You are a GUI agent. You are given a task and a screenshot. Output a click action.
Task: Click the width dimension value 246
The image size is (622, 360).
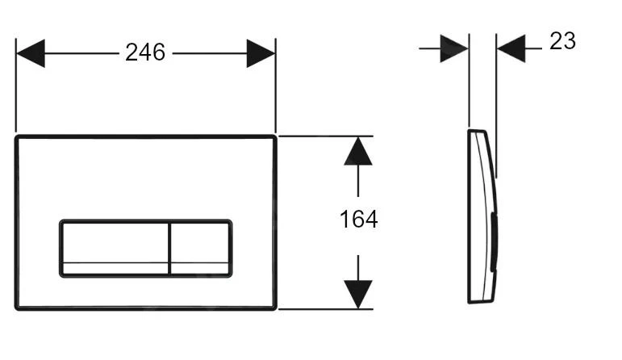coord(145,52)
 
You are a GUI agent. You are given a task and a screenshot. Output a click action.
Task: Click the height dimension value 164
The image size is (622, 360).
coord(359,219)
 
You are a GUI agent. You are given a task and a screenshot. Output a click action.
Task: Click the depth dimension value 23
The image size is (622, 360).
coord(562,41)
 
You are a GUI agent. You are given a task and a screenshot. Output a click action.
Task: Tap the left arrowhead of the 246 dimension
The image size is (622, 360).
coord(31,53)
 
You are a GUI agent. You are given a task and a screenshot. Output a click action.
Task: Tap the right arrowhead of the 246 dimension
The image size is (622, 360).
coord(261,53)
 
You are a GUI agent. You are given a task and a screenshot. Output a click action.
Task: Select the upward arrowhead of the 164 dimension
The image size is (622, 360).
coord(358,151)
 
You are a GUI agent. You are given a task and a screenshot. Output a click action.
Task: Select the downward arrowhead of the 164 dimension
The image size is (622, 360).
coord(358,295)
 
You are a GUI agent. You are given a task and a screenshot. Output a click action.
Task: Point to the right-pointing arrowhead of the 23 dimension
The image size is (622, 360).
coord(454,48)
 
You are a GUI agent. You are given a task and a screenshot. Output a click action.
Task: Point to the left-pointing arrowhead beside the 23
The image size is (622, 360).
coord(511,48)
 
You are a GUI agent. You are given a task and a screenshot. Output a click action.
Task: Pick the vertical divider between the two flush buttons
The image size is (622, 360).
coord(169,248)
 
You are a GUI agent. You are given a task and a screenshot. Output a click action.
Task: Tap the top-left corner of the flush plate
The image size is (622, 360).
coord(16,136)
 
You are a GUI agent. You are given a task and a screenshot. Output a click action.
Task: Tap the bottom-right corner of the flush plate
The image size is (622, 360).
coord(275,309)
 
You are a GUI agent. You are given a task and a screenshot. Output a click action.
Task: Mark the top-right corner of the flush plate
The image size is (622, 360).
coord(275,136)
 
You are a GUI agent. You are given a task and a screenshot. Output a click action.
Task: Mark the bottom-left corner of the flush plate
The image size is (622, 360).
coord(16,309)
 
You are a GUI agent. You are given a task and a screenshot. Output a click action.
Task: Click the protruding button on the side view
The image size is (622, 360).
coord(494,242)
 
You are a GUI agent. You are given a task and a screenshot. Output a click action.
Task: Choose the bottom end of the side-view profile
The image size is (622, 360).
coord(481,302)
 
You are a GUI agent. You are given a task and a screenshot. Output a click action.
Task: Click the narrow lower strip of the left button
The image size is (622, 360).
coord(115,268)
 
